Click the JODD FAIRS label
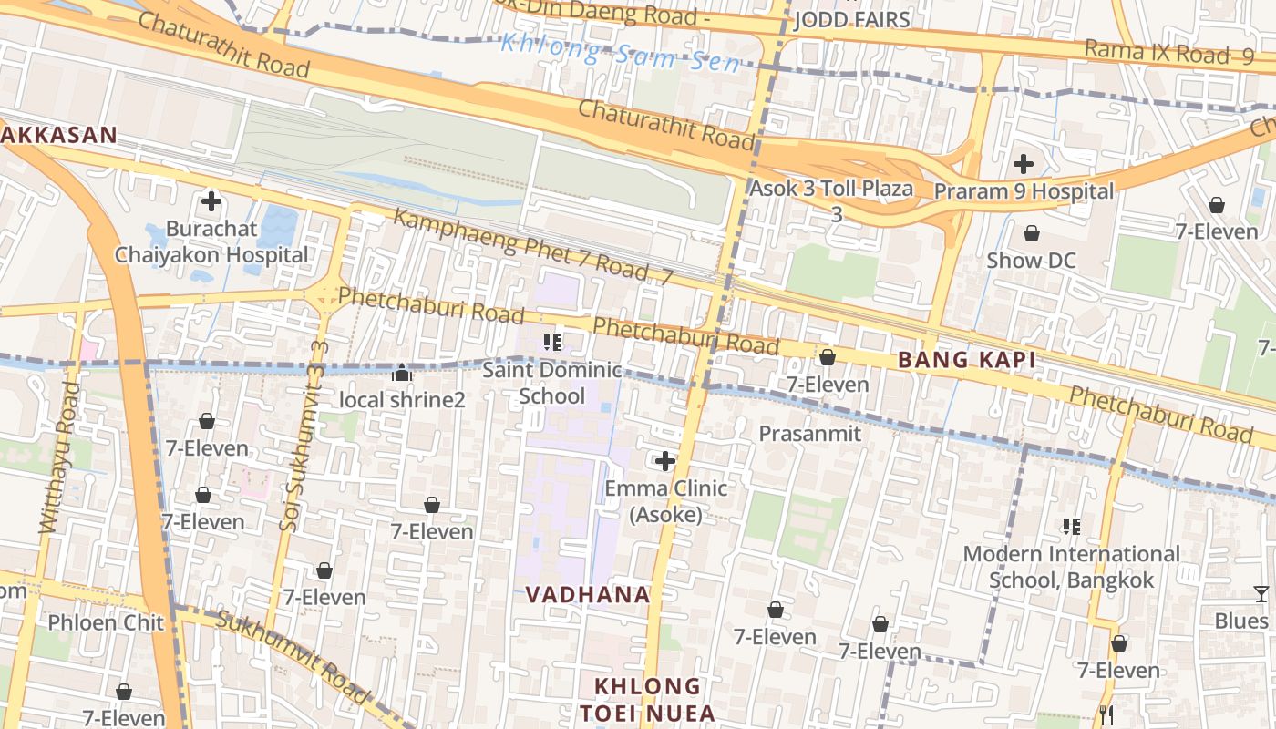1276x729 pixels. pos(851,20)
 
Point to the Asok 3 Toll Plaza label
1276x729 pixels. pos(831,190)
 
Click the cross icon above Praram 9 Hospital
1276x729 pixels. pos(1024,164)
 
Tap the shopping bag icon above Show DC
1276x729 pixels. pos(1032,234)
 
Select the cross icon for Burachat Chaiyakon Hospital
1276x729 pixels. pos(211,201)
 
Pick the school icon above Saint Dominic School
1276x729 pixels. pos(551,343)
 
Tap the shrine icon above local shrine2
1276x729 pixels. pos(402,373)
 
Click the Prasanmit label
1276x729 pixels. pos(809,434)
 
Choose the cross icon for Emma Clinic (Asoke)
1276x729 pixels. pos(666,461)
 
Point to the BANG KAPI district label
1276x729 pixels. pos(966,360)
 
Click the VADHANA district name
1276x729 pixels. pos(587,595)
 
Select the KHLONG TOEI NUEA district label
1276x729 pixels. pos(648,699)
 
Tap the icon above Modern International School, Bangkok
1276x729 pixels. pos(1072,527)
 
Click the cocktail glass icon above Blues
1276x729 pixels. pos(1261,594)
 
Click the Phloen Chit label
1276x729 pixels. pos(106,623)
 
